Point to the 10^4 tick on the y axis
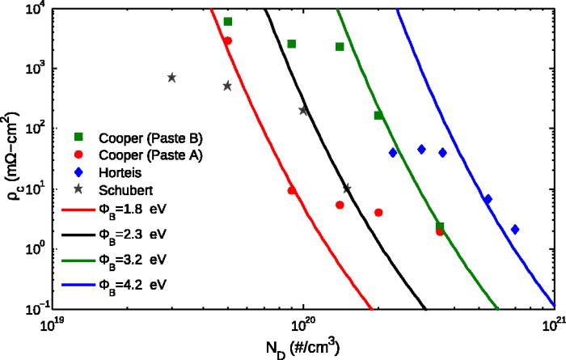click(x=34, y=8)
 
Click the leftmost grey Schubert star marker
click(x=171, y=78)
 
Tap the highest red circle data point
click(x=228, y=40)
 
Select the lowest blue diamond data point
click(x=515, y=230)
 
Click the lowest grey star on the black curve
click(x=347, y=188)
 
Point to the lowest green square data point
click(x=439, y=227)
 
